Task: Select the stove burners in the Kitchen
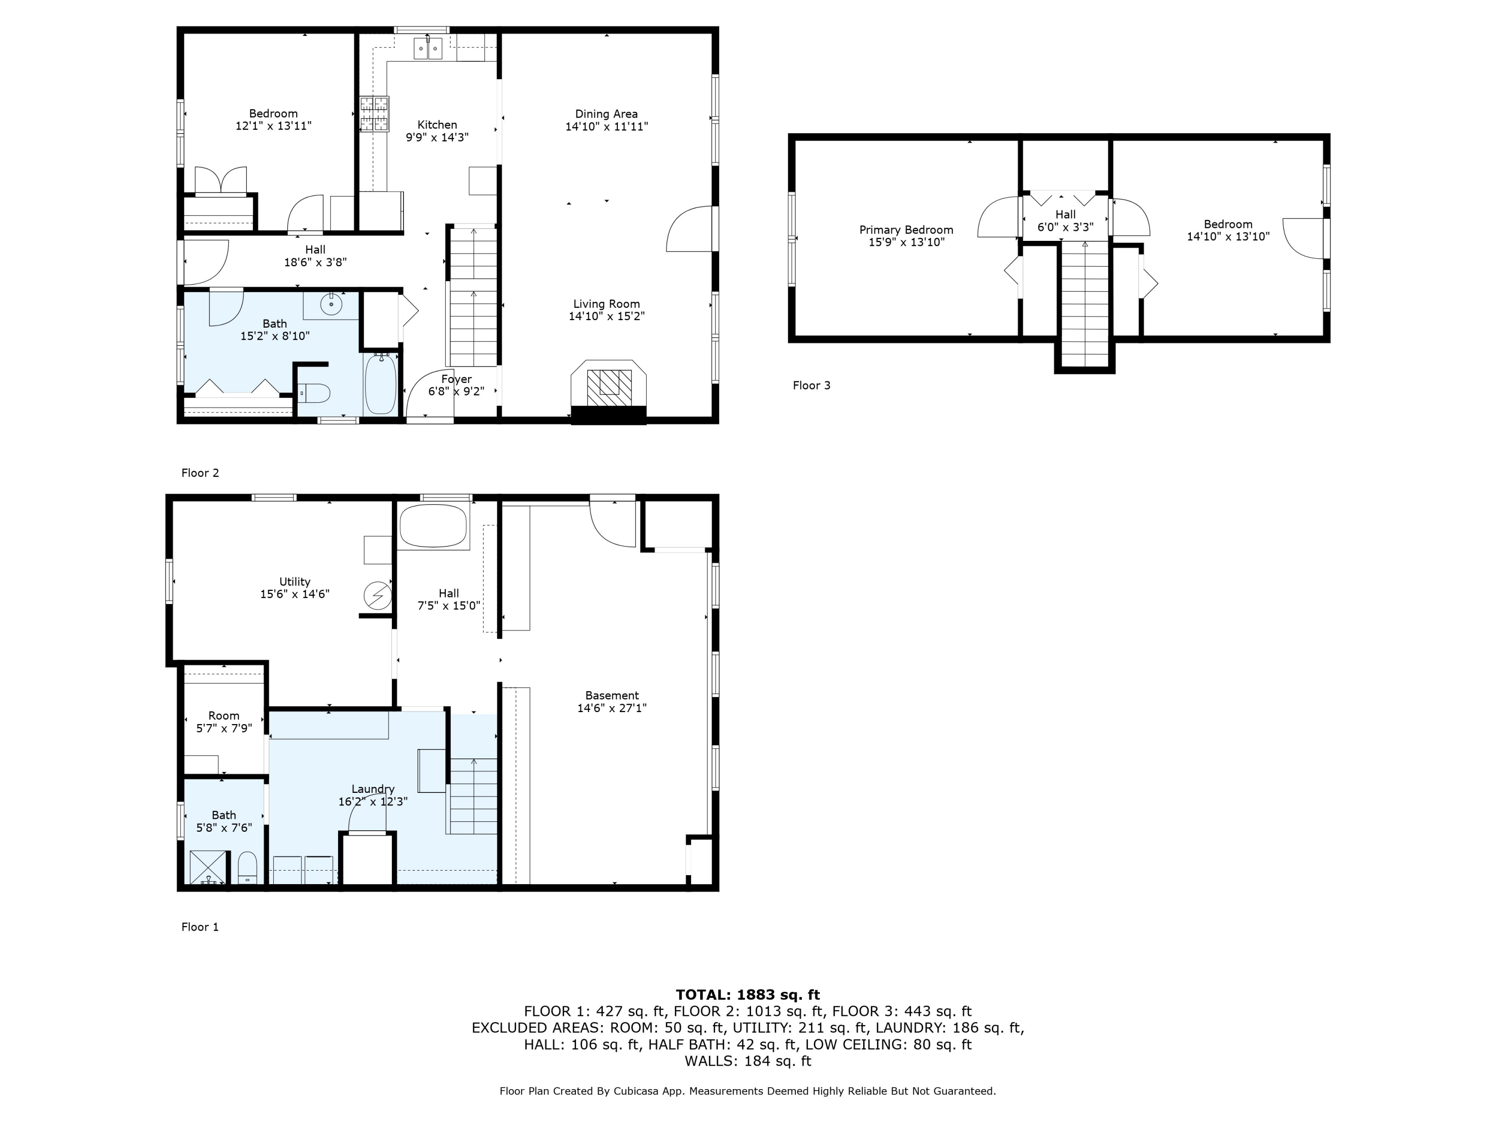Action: click(x=374, y=114)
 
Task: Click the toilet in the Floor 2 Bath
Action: click(x=314, y=393)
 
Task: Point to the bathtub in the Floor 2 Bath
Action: click(x=381, y=383)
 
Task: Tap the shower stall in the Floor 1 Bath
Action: click(x=209, y=868)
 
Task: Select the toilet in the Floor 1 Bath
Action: click(x=247, y=868)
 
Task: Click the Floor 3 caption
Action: click(x=811, y=385)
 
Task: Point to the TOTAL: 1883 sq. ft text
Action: click(x=748, y=995)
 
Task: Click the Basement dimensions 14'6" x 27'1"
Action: click(x=612, y=708)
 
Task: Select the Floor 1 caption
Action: click(x=200, y=927)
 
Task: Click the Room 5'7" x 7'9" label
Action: click(x=224, y=722)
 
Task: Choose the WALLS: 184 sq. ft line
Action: click(x=748, y=1061)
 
